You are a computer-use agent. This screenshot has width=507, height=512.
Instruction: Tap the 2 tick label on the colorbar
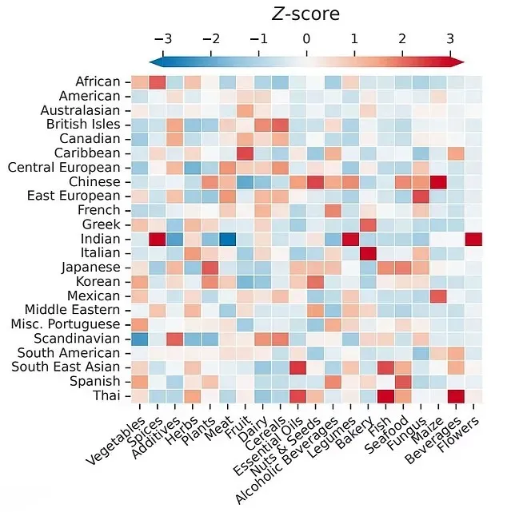[x=401, y=38]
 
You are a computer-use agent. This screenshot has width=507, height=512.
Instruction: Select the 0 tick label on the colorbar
[x=306, y=38]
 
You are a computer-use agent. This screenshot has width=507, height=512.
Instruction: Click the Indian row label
[x=101, y=239]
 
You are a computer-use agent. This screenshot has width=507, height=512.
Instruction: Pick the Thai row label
[x=107, y=396]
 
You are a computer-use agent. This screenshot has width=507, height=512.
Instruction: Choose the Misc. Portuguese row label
[x=70, y=324]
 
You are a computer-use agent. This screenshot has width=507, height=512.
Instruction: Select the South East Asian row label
[x=69, y=367]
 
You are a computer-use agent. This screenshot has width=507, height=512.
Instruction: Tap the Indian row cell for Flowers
[x=473, y=239]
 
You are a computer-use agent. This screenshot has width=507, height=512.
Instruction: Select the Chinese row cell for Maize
[x=438, y=182]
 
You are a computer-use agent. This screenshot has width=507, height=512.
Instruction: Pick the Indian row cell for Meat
[x=227, y=239]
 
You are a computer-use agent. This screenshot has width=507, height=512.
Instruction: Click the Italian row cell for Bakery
[x=368, y=253]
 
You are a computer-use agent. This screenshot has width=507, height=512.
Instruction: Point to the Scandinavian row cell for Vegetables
[x=139, y=339]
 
